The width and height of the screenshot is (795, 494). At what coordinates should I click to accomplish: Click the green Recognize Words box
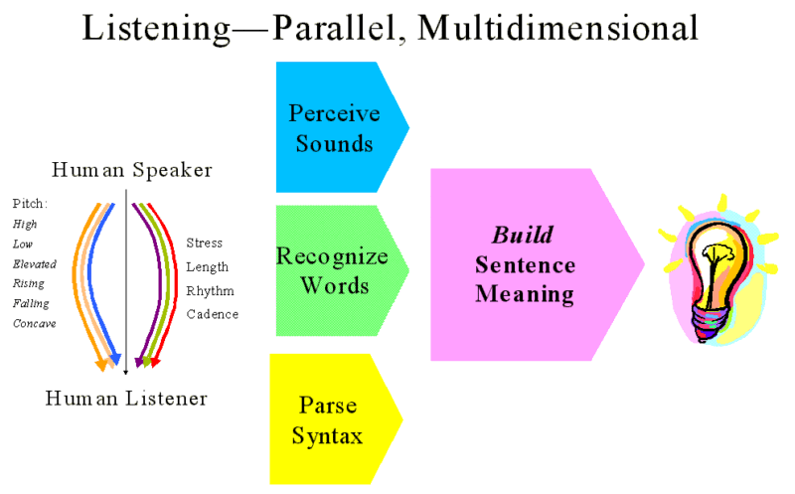[332, 270]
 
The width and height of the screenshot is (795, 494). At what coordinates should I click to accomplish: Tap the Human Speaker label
[132, 170]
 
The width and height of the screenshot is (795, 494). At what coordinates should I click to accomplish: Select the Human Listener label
[126, 399]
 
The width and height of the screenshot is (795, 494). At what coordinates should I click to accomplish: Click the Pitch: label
[30, 203]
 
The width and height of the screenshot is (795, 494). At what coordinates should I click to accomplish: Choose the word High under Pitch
[25, 224]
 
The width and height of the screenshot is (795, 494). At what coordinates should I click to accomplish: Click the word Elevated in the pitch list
[35, 263]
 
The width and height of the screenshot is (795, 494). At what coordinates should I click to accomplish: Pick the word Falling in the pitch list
[31, 303]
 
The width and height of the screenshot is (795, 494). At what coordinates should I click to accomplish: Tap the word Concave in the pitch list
[35, 323]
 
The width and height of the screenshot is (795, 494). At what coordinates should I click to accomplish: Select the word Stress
[205, 243]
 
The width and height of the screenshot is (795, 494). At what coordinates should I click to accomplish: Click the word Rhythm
[208, 290]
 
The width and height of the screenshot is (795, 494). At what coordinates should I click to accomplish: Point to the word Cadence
[213, 314]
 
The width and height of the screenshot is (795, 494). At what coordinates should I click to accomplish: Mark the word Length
[208, 266]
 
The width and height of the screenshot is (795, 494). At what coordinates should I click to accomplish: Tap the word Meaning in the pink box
[525, 294]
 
